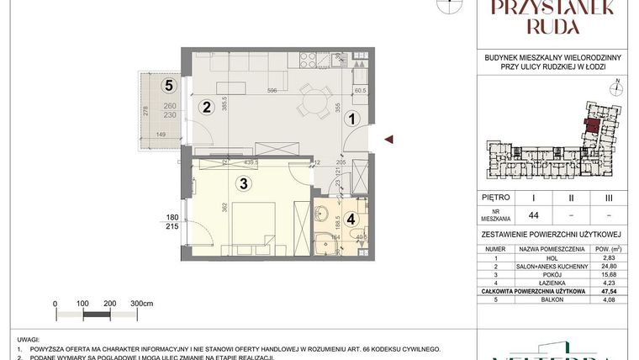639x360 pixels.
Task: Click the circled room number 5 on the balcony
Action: (169, 84)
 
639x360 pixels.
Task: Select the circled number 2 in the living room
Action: (204, 107)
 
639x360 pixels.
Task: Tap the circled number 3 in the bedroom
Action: (243, 183)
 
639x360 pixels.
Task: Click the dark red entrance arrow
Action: (387, 140)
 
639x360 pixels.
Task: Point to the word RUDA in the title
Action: (548, 26)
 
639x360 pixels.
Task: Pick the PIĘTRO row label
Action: (496, 199)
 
